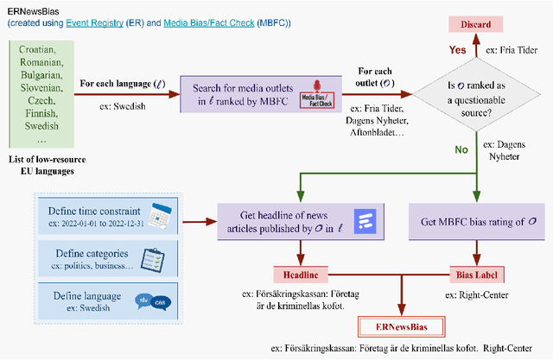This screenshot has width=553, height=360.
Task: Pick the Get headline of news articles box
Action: [x=285, y=222]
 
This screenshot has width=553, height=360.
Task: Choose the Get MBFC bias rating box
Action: [x=474, y=222]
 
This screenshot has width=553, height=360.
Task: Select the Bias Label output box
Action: [x=474, y=274]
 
